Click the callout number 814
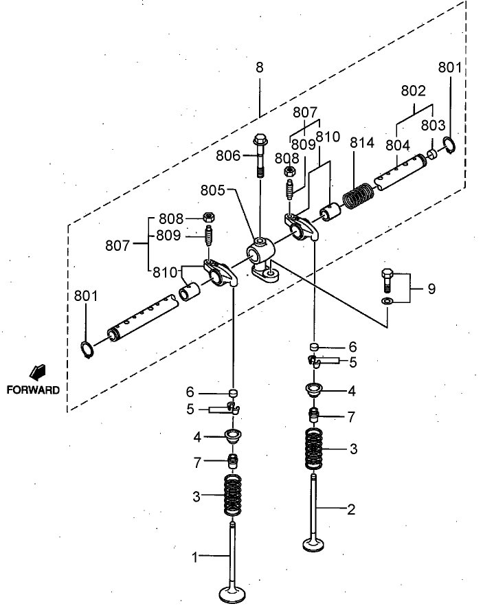[361, 143]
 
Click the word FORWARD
[33, 390]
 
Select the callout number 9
[431, 289]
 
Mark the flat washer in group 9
[387, 301]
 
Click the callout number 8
[259, 68]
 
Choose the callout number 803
[433, 126]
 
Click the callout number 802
[413, 91]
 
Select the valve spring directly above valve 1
[234, 495]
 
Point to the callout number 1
[194, 557]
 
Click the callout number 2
[351, 509]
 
